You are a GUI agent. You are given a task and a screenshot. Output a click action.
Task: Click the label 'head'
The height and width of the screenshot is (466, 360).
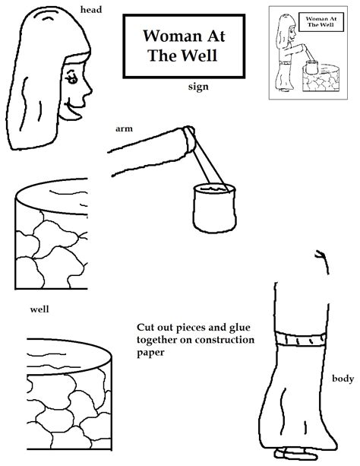pyautogui.click(x=93, y=10)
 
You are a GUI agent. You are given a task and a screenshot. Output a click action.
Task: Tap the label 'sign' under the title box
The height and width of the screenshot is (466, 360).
pyautogui.click(x=198, y=87)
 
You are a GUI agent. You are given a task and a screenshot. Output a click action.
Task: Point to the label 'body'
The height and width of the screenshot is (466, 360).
pyautogui.click(x=342, y=378)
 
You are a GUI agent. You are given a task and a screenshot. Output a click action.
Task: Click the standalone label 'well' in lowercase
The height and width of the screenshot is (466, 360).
pyautogui.click(x=39, y=309)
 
